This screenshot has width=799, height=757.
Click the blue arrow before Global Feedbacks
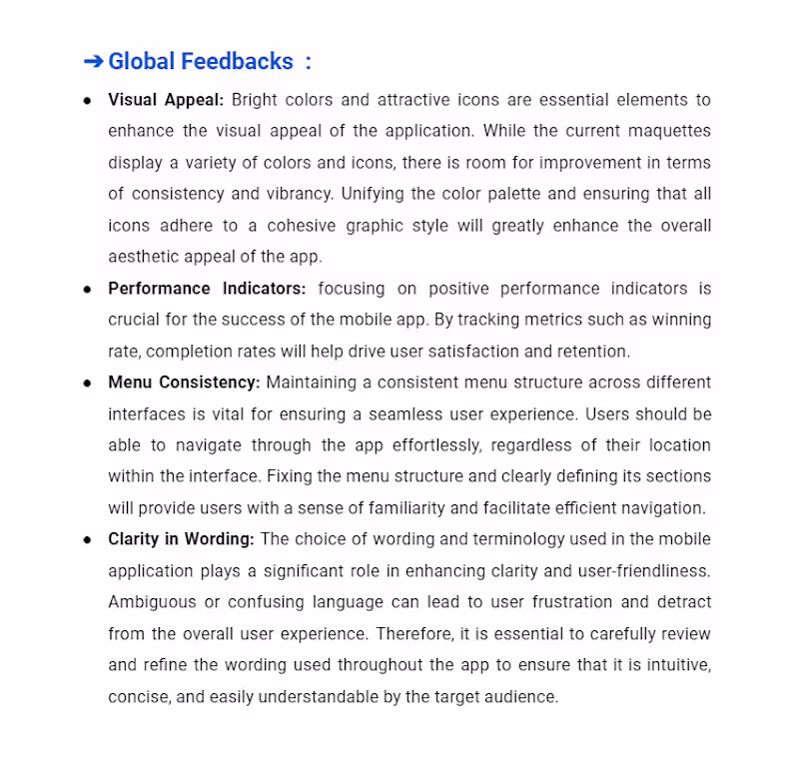coord(93,62)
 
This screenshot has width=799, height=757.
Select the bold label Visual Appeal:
coord(166,100)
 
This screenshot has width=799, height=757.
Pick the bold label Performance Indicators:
coord(207,289)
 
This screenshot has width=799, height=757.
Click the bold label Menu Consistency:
coord(184,382)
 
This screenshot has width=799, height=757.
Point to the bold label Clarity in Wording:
coord(181,539)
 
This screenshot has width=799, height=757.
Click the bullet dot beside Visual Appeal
coord(88,101)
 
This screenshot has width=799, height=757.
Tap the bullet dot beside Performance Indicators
coord(88,290)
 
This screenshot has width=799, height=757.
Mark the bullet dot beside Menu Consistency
coord(88,383)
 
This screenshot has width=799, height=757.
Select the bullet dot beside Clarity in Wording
coord(88,540)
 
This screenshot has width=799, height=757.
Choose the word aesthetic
coord(146,257)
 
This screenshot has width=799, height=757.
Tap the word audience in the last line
coord(522,697)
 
